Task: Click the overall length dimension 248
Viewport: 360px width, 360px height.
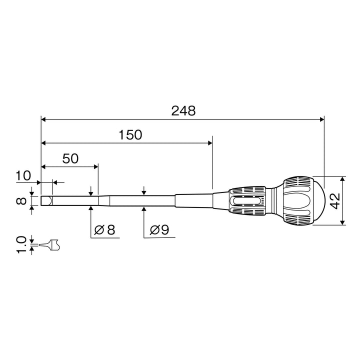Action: (183, 110)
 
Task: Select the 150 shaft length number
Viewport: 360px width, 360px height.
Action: (130, 135)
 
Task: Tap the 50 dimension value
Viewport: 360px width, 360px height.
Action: (70, 158)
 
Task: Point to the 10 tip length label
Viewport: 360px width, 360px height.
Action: (23, 175)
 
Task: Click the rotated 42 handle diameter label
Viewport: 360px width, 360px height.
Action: (335, 201)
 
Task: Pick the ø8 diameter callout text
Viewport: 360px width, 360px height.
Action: (104, 229)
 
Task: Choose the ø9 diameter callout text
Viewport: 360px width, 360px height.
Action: (159, 229)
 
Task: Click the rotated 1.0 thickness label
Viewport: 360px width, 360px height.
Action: (21, 244)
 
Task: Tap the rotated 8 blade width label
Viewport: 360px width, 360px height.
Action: (21, 201)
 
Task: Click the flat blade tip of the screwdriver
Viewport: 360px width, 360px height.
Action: (47, 200)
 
